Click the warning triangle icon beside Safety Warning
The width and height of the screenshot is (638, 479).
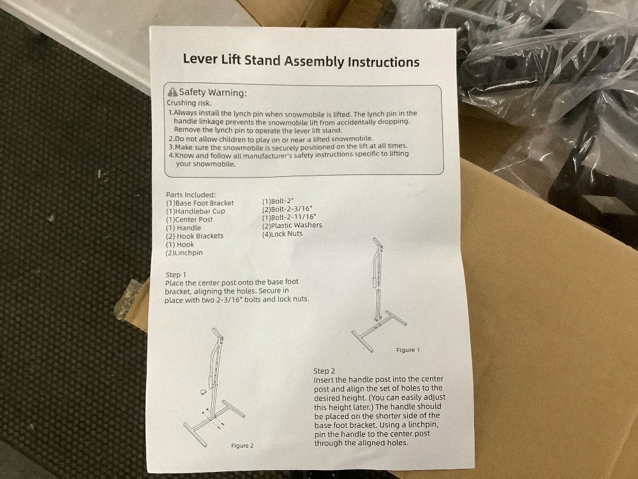click(x=172, y=92)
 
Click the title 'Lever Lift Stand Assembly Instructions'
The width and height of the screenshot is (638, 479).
click(x=301, y=61)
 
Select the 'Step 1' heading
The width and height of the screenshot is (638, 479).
click(x=176, y=275)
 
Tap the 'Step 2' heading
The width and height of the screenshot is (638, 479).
click(x=324, y=370)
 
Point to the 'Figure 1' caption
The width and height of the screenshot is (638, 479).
click(x=408, y=350)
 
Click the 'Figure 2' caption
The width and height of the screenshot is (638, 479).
click(x=242, y=446)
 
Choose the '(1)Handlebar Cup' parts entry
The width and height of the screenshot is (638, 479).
click(x=195, y=211)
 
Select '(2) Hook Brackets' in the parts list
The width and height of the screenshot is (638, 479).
click(x=195, y=236)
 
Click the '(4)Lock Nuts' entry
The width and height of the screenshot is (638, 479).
click(x=283, y=234)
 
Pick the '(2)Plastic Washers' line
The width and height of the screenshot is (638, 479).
click(x=292, y=225)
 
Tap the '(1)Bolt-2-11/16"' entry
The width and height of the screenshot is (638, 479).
click(x=289, y=217)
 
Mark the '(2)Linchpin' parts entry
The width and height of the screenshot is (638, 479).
click(x=184, y=252)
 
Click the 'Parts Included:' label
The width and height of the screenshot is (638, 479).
click(x=191, y=195)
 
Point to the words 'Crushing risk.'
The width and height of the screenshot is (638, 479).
click(x=189, y=103)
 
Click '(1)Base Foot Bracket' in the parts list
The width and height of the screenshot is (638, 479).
click(x=200, y=203)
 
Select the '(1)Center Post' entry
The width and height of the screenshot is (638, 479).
click(x=189, y=219)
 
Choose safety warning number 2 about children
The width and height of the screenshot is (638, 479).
click(x=271, y=139)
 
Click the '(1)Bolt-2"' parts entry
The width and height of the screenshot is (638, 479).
click(x=278, y=201)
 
